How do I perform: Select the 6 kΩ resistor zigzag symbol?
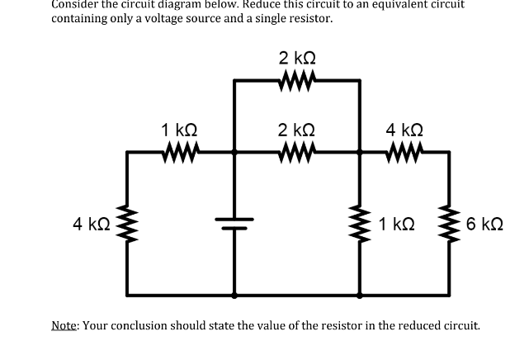[451, 223]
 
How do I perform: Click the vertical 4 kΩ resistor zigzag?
[126, 223]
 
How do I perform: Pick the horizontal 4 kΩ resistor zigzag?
[405, 152]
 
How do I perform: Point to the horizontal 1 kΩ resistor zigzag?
[179, 152]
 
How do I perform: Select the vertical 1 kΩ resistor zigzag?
[360, 223]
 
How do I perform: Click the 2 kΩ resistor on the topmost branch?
[296, 80]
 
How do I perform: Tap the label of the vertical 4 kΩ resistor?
[88, 224]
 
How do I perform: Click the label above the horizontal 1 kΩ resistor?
[179, 130]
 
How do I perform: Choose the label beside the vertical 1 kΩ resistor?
[397, 224]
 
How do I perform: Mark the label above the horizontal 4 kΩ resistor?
[405, 130]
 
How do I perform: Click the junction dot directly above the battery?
[234, 152]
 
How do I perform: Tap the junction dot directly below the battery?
[234, 294]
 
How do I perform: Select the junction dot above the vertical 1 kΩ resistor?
[360, 152]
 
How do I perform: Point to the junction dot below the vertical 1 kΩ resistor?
[360, 294]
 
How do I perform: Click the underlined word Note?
[64, 325]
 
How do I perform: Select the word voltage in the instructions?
[184, 17]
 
